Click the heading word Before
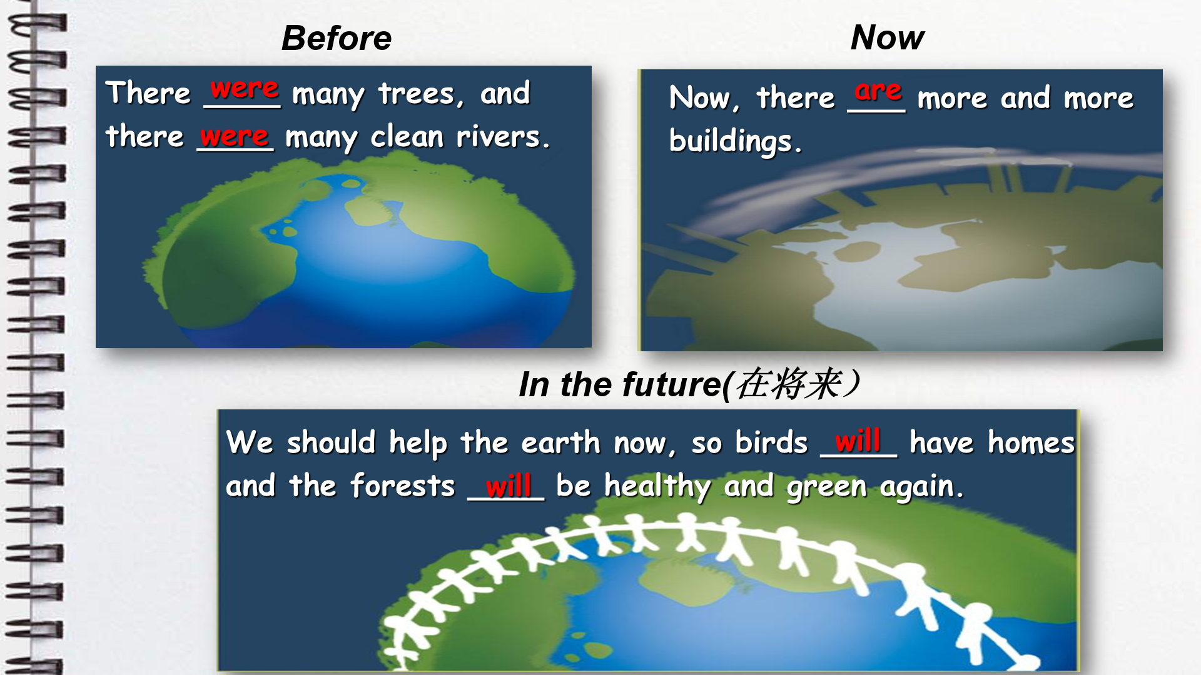(337, 38)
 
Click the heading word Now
(888, 37)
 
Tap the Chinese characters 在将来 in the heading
(789, 383)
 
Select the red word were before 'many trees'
(244, 89)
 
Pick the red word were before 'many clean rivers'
(235, 136)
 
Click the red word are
(878, 91)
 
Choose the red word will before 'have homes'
(858, 440)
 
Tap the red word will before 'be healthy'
(509, 484)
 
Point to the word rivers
(503, 136)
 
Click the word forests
(402, 485)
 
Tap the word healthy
(657, 486)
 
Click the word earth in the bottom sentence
(560, 442)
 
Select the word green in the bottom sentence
(826, 487)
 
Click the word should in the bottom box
(331, 442)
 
